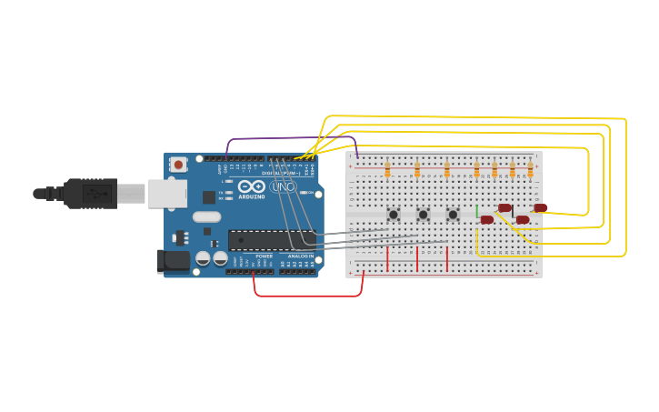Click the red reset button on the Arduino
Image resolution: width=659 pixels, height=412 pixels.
point(179,165)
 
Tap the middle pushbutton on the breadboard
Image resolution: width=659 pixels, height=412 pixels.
point(423,215)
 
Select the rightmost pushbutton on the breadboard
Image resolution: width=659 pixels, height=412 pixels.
point(453,215)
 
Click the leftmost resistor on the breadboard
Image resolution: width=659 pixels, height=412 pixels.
point(387,170)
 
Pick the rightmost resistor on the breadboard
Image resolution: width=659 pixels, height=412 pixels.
point(531,170)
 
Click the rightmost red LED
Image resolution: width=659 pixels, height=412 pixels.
point(540,208)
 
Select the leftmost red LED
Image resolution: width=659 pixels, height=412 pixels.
point(487,219)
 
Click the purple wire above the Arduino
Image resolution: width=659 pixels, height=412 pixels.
point(291,138)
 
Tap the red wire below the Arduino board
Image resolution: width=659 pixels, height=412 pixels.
point(309,296)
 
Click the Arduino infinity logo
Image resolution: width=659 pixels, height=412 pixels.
point(252,186)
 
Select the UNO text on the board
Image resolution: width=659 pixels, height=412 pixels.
point(284,187)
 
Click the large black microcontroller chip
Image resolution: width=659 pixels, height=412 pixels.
point(271,240)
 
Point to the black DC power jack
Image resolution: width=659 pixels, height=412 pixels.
point(173,261)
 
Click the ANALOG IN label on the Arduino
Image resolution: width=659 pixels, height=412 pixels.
point(301,256)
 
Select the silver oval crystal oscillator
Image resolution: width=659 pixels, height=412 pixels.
point(207,216)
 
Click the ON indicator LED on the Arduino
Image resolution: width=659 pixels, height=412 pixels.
point(310,193)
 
